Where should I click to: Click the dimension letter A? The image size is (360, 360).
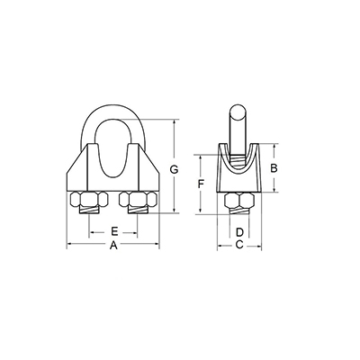(113, 246)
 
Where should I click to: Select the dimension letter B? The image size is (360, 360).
(274, 168)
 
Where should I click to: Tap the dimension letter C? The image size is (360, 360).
(239, 245)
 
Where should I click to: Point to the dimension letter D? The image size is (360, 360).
(239, 232)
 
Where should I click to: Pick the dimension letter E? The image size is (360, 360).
(114, 231)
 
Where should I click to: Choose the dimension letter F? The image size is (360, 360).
(202, 184)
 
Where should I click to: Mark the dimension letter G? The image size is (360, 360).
(174, 169)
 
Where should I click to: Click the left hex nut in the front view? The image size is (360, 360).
(89, 199)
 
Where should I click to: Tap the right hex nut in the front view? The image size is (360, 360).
(138, 199)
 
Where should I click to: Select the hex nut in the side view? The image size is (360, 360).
(239, 200)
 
